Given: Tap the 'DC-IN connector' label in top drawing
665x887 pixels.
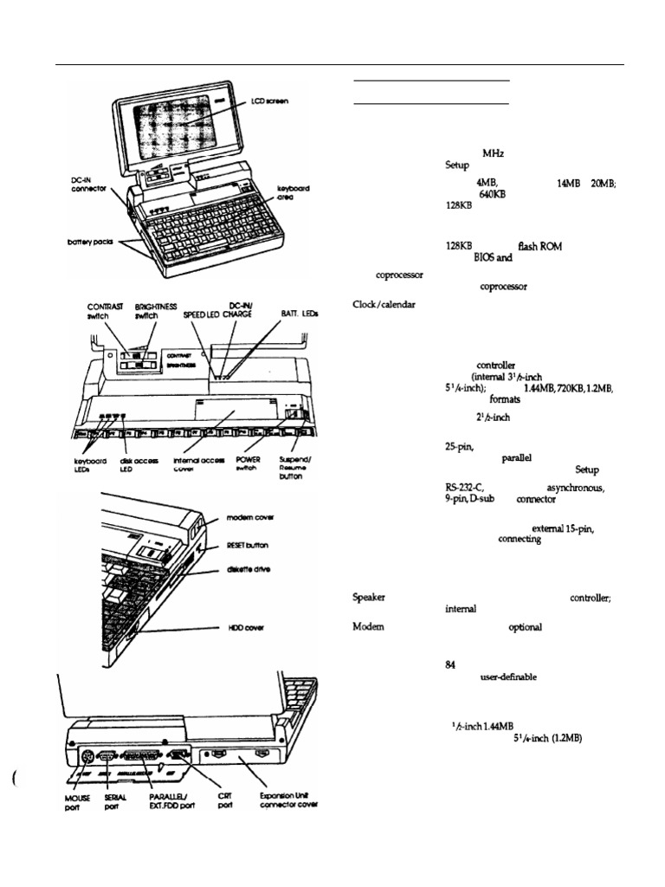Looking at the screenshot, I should coord(89,185).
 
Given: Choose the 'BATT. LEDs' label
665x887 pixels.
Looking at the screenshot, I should coord(300,314).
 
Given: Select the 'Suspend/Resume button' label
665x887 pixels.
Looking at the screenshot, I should coord(297,468).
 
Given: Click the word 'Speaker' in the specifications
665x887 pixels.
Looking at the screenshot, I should coord(370,597).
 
